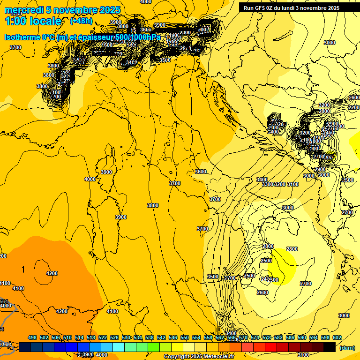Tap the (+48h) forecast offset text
[81, 21]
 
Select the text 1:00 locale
[33, 21]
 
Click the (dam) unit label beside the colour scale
[347, 347]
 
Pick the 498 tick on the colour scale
[32, 337]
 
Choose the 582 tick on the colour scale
[278, 337]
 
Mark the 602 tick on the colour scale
[337, 337]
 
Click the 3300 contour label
[268, 184]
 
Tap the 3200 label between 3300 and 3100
[280, 184]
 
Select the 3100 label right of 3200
[293, 184]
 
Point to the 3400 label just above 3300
[262, 180]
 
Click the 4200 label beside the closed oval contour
[52, 273]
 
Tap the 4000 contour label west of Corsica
[90, 179]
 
